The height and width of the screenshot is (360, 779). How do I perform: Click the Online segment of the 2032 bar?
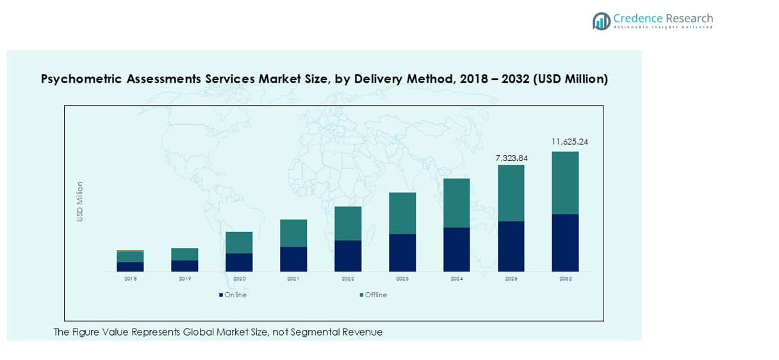[x=565, y=243]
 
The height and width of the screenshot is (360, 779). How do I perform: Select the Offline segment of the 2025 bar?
[x=511, y=193]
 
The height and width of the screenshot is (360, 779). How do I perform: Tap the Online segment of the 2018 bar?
[x=130, y=266]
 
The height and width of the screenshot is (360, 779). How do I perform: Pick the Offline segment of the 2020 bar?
[x=239, y=242]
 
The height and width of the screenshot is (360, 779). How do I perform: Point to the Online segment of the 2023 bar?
[x=402, y=252]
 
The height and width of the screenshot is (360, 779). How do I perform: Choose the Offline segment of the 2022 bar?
[x=348, y=223]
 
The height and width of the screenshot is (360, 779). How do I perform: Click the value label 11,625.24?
[x=570, y=142]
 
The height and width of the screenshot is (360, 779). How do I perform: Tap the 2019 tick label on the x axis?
[x=184, y=279]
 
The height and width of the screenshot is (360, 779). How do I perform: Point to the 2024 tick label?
[x=457, y=279]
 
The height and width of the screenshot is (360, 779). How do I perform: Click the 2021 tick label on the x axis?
[x=293, y=279]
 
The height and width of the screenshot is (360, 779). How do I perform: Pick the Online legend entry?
[x=233, y=295]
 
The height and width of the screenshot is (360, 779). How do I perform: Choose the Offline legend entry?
[x=373, y=295]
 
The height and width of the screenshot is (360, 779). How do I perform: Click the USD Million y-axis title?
[x=80, y=201]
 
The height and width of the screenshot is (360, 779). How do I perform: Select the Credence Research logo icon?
[x=601, y=21]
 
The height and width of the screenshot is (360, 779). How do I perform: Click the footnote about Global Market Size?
[x=218, y=332]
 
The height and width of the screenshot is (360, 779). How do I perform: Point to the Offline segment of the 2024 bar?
[x=457, y=202]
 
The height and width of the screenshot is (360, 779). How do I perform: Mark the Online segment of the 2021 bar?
[x=293, y=259]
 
